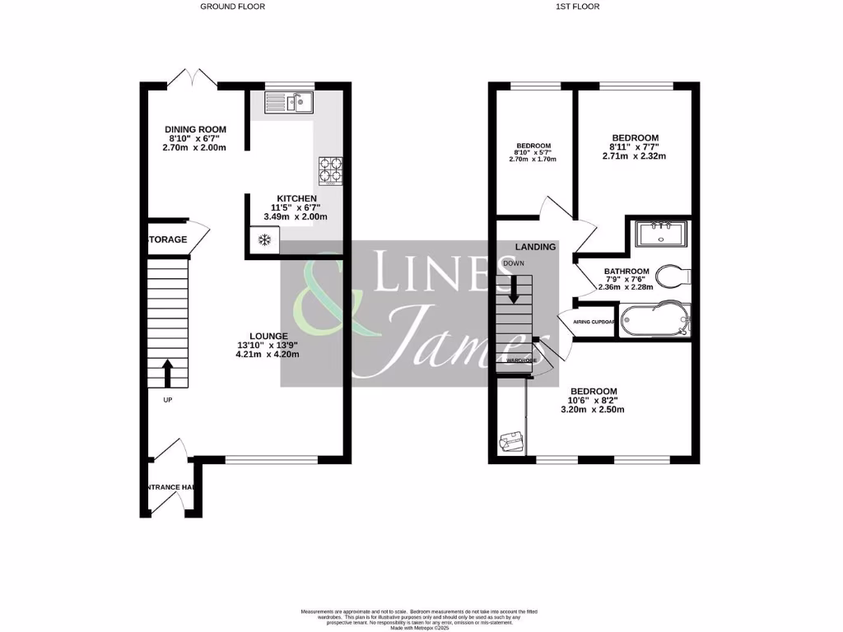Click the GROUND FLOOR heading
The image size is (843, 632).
(233, 7)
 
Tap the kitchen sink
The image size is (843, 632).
(287, 102)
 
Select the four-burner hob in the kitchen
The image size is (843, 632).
(330, 170)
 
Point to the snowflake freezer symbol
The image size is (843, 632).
(264, 240)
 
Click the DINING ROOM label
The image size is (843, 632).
(195, 129)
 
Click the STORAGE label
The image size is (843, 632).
(167, 239)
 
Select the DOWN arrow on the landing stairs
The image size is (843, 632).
(515, 288)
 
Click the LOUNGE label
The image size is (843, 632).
(263, 336)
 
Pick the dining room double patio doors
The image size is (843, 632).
(193, 79)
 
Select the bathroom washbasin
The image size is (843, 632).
(660, 235)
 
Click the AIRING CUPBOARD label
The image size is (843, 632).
(588, 322)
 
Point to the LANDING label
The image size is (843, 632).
(535, 246)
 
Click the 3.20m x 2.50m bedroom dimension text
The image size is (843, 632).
(594, 409)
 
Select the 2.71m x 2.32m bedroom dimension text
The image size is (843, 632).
(634, 156)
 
